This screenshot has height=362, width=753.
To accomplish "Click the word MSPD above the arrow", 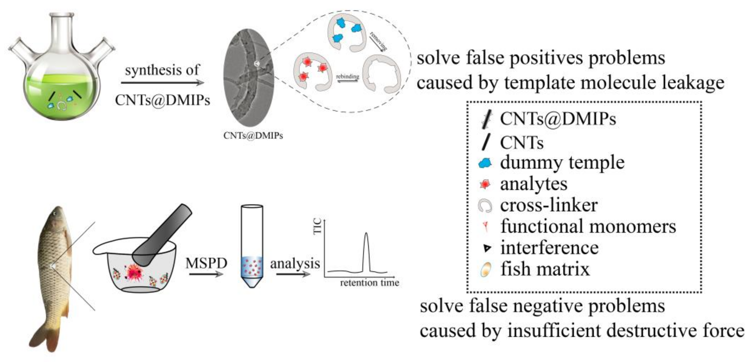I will click(x=206, y=263).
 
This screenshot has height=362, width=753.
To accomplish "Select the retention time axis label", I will click(x=369, y=283).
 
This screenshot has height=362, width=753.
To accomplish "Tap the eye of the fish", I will click(x=55, y=214).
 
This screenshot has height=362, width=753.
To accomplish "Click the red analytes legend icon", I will click(x=485, y=184).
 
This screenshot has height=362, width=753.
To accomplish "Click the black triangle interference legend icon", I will click(x=487, y=248).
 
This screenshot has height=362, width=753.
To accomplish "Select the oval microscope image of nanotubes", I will click(x=249, y=77).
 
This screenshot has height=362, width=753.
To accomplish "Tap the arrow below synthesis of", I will click(x=162, y=83).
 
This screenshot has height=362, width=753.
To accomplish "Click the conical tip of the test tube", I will click(x=252, y=282).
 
